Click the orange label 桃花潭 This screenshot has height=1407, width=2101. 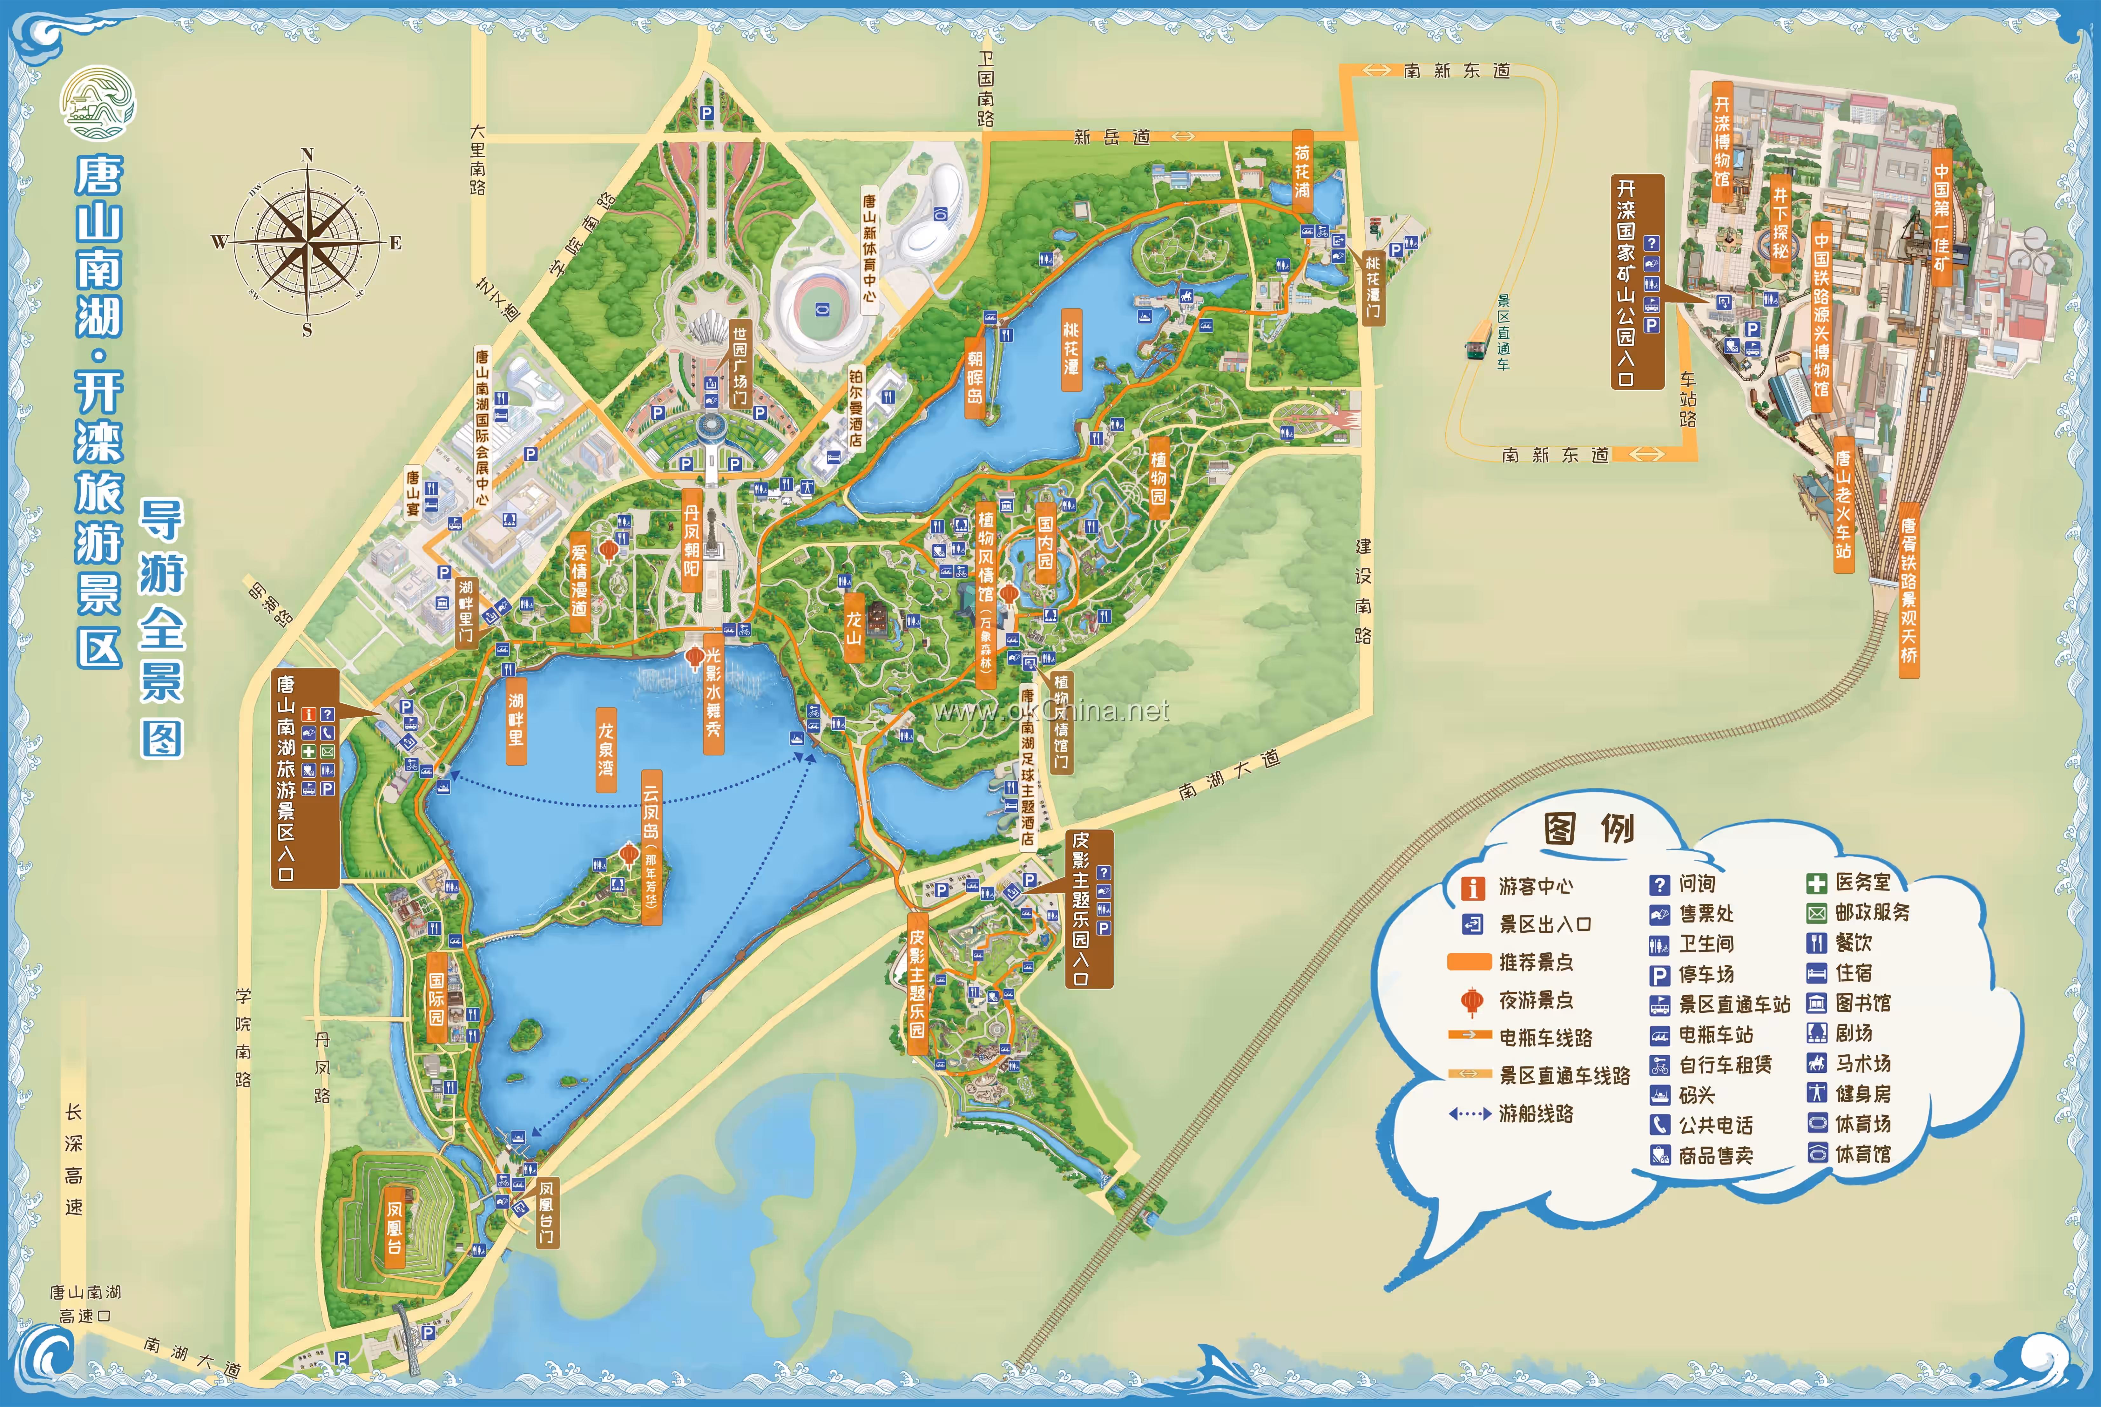(1071, 350)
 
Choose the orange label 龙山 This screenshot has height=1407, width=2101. (854, 626)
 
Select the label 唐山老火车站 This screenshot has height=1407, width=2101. (1843, 505)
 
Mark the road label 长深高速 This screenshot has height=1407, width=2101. (74, 1159)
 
